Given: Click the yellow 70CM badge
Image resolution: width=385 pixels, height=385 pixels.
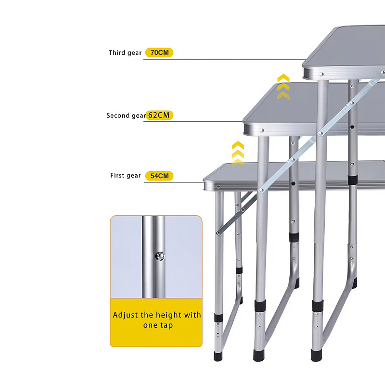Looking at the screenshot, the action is pos(159,52).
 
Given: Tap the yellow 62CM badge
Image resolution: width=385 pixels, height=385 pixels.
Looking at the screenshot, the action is pos(159,115).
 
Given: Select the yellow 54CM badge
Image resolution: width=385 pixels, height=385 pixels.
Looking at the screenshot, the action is pos(159,176).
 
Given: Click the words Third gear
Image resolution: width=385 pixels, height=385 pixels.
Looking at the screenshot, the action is pos(125,53).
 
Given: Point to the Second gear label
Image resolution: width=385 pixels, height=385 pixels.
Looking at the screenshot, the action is pos(126,115).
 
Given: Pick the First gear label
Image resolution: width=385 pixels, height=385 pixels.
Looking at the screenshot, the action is pos(126,176).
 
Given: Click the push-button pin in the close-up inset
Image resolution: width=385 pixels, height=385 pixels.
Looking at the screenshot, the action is pos(160,257).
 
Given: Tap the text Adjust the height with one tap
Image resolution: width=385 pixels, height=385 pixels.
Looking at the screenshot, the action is pos(157,320).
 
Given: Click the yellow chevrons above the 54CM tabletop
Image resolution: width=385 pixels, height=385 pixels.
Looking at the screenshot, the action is pos(238,154).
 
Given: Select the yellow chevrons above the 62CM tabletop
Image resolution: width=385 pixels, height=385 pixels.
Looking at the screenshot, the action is pos(283,87).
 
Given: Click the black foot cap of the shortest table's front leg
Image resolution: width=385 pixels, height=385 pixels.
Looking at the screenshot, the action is pos(218,356).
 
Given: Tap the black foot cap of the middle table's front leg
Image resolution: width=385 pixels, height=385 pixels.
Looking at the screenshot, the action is pos(259,356).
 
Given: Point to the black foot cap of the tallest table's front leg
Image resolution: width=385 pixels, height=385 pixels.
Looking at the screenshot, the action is pos(316,355).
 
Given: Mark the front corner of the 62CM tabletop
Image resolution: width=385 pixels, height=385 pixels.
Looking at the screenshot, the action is pos(244,121).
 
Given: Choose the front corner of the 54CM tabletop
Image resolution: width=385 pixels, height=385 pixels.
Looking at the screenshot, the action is pos(204,181).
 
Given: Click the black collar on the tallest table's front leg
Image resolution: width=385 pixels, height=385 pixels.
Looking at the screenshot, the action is pos(318,306).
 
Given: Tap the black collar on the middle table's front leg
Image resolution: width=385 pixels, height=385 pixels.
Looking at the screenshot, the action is pos(260,306).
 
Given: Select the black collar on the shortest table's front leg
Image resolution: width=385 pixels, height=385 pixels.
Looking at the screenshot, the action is pos(218,318).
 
